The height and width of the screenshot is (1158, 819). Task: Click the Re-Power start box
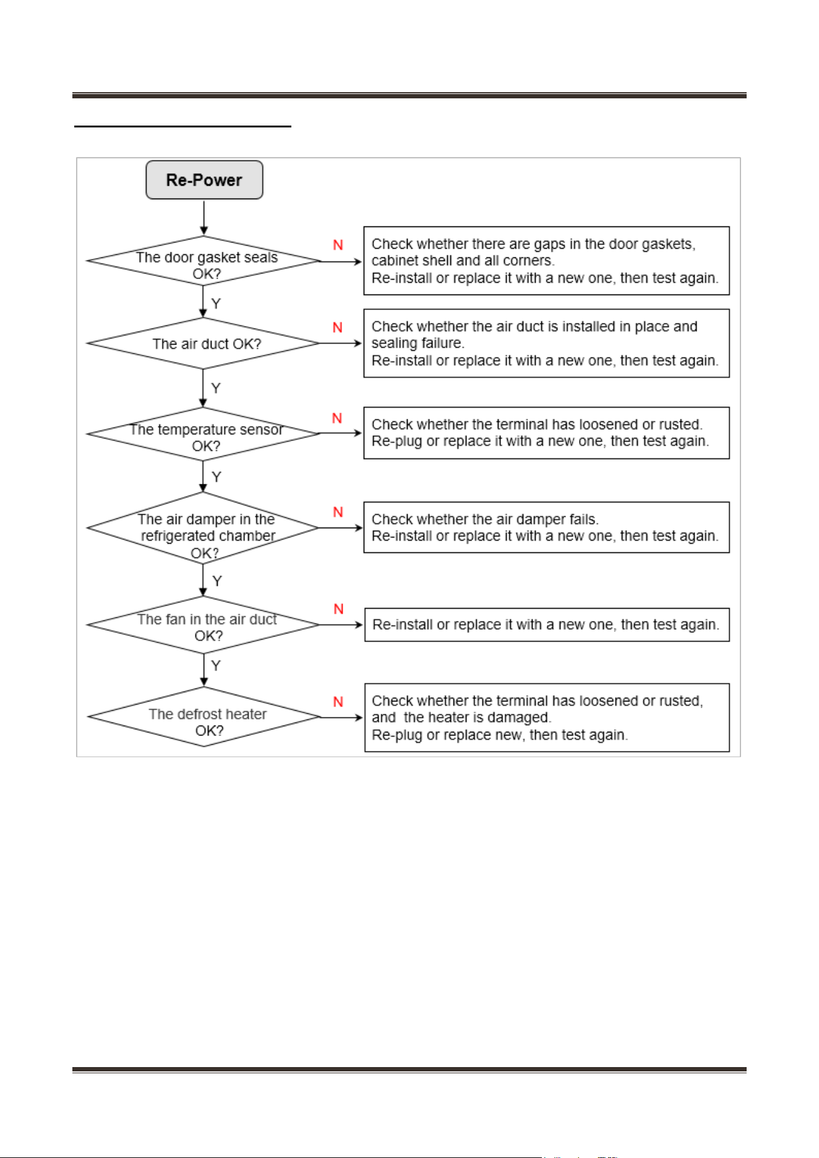(x=204, y=180)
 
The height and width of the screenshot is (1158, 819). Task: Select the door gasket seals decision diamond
(x=204, y=261)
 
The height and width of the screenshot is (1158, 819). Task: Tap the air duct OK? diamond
(x=204, y=343)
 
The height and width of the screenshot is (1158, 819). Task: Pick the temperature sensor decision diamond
(x=204, y=434)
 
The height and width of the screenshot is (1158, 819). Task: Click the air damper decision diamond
(x=203, y=528)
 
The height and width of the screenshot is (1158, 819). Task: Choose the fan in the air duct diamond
(x=204, y=625)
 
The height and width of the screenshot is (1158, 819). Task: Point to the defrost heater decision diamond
(x=204, y=717)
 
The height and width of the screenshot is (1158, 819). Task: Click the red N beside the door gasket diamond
(x=338, y=245)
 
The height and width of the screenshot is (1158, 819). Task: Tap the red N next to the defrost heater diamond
(x=338, y=701)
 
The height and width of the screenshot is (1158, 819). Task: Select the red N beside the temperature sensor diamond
(x=337, y=418)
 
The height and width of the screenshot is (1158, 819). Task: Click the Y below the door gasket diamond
(x=216, y=304)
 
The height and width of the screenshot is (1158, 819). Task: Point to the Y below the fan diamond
(x=216, y=666)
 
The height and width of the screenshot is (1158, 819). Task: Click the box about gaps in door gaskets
(x=546, y=260)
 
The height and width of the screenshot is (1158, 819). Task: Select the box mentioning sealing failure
(x=546, y=343)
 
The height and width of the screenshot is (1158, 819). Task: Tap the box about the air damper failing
(x=546, y=527)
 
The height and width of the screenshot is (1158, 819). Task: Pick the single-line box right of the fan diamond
(x=547, y=625)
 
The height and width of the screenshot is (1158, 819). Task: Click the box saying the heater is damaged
(x=547, y=718)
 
